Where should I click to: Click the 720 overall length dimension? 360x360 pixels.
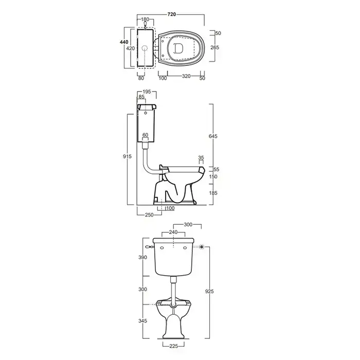171,14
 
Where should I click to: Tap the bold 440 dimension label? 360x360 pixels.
124,42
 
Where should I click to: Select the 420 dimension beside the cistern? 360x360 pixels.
131,48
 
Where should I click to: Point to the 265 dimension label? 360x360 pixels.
215,47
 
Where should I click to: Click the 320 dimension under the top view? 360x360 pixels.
186,76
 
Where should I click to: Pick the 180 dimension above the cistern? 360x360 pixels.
145,20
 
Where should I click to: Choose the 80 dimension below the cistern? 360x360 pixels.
141,78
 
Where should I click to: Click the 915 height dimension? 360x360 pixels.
127,156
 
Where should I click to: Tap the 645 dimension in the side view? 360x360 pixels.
213,136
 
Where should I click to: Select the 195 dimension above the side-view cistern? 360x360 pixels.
147,92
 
